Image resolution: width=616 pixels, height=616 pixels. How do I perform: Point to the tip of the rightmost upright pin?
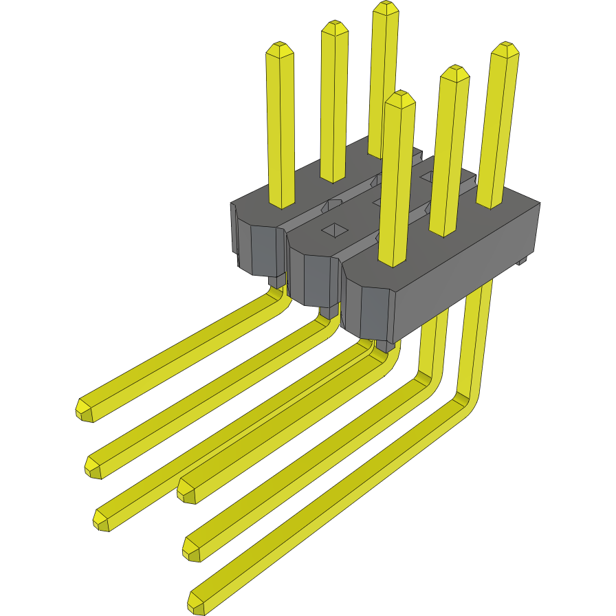(504, 49)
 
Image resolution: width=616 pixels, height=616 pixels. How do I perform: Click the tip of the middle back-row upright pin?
(334, 27)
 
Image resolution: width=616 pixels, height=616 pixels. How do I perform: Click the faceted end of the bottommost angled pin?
(197, 603)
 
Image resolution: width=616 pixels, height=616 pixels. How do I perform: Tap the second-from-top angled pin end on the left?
(94, 466)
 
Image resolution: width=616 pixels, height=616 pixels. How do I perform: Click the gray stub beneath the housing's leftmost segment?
(276, 280)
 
